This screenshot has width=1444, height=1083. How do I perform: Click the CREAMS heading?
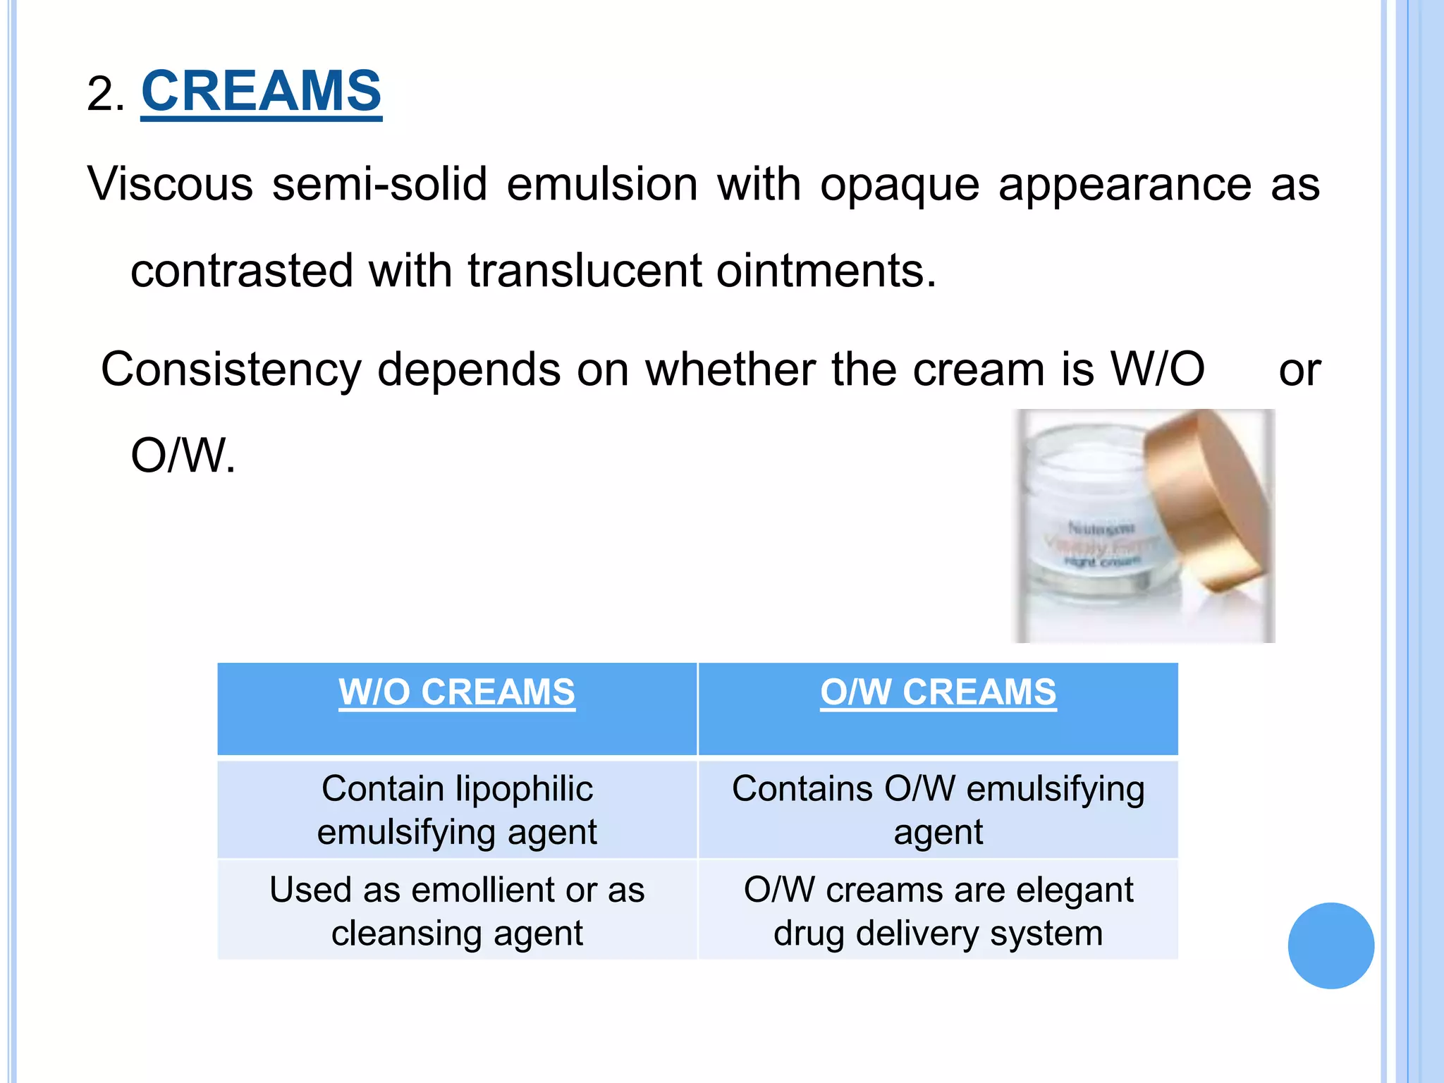click(261, 92)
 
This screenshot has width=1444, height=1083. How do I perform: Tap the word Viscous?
click(170, 185)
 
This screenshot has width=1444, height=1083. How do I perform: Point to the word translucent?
click(585, 271)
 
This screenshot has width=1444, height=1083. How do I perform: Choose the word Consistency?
click(231, 370)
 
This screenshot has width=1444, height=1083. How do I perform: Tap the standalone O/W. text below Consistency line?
click(183, 456)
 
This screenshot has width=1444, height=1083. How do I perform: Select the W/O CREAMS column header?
click(457, 692)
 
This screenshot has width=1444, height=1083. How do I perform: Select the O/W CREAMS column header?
click(938, 692)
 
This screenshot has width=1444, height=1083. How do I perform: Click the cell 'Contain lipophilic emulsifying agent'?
click(457, 810)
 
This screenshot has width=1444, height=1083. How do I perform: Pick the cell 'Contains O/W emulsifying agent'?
click(938, 810)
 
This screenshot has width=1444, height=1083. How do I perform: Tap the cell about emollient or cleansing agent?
click(457, 911)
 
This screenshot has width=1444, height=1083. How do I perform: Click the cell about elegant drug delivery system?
click(938, 911)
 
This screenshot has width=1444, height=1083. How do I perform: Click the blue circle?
click(1330, 946)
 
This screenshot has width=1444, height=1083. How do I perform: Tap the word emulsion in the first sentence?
click(602, 185)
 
